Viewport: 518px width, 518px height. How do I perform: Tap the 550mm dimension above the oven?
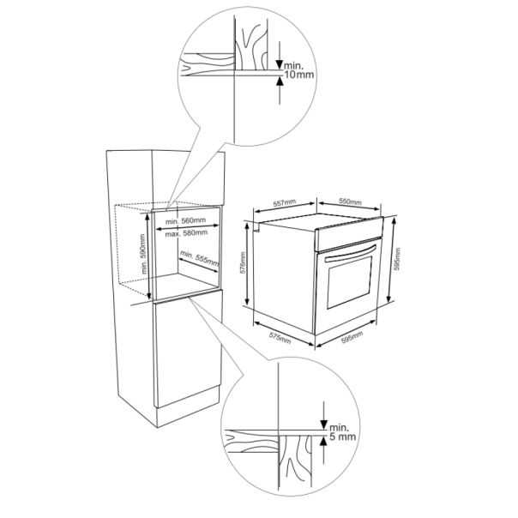click(349, 203)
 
